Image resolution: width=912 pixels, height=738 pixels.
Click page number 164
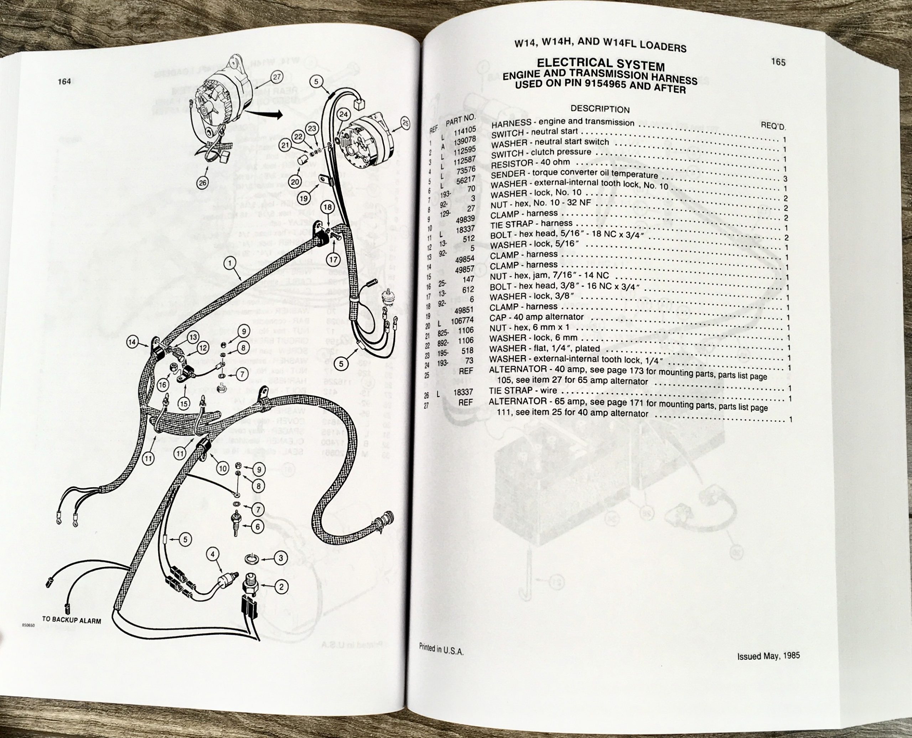[64, 82]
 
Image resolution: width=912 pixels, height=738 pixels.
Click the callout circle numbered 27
[277, 77]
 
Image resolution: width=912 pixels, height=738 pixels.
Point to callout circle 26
[203, 183]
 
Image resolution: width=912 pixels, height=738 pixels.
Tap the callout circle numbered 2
[281, 587]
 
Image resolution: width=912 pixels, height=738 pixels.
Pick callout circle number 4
[213, 554]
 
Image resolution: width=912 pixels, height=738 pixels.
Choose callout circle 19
[303, 198]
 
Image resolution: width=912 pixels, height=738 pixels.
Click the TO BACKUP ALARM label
[72, 620]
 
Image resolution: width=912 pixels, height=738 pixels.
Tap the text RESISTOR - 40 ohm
[530, 163]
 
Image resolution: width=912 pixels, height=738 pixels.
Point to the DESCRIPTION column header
[600, 109]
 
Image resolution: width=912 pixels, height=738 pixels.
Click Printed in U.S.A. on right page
[441, 661]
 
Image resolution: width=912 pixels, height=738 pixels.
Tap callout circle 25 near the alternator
[405, 123]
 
